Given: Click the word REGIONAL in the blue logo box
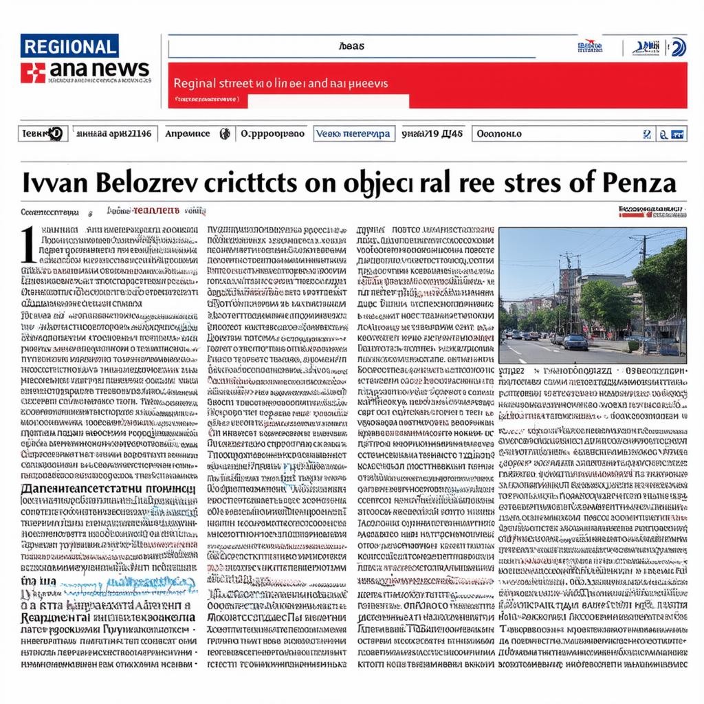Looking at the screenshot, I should [x=69, y=46].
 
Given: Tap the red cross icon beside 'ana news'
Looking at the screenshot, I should [x=32, y=71].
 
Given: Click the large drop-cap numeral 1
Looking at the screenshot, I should [x=27, y=245].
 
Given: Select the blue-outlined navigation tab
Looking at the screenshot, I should [x=353, y=133].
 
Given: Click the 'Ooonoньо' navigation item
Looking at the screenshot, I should [x=500, y=133].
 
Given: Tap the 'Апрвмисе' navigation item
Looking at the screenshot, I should [x=188, y=133].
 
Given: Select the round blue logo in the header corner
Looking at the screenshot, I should [x=678, y=47].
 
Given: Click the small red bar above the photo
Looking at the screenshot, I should [x=632, y=214].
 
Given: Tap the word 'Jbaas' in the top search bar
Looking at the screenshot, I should [x=352, y=47].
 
